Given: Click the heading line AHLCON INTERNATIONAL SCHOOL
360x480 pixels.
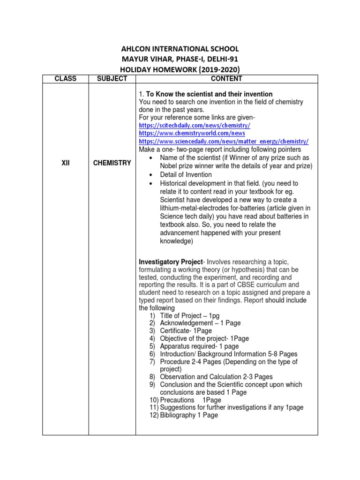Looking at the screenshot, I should [180, 49].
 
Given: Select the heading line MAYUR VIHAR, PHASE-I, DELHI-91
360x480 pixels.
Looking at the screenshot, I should [180, 59].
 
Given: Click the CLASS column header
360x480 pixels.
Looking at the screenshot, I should [65, 79].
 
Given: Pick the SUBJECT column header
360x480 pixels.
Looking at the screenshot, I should [112, 79].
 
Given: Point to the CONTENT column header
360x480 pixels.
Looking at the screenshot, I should [226, 79].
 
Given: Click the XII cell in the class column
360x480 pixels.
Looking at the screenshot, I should [65, 163].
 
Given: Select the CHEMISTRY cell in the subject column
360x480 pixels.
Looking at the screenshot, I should [112, 163].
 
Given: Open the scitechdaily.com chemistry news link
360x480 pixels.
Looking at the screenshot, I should [195, 126].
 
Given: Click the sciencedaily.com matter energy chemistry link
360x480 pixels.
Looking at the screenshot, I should [224, 141].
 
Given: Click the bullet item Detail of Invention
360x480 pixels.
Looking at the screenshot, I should [186, 175].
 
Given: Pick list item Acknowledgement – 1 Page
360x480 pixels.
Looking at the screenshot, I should [200, 323].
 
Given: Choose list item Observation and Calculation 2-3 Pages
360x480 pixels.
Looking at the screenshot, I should [216, 377].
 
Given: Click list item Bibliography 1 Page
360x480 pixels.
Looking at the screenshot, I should [189, 415].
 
